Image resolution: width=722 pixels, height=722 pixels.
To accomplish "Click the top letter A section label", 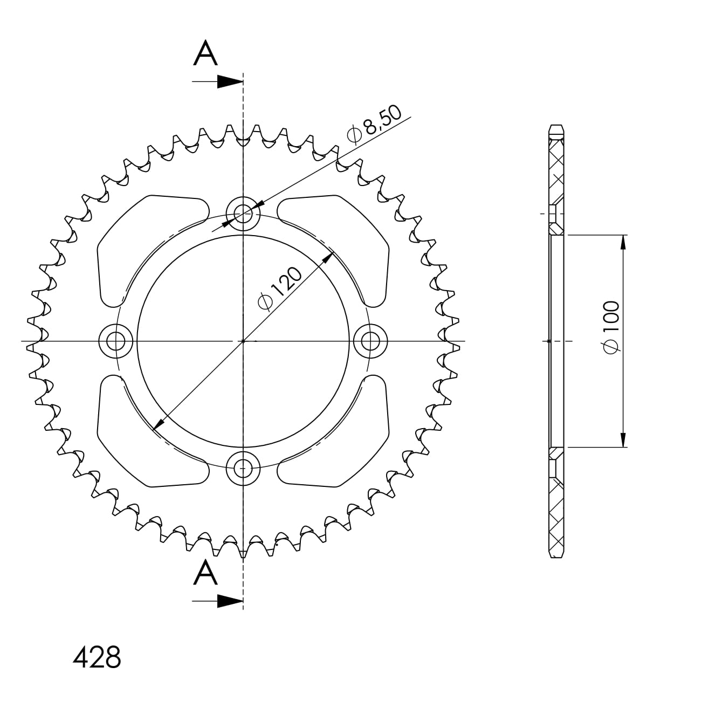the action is pos(205,53).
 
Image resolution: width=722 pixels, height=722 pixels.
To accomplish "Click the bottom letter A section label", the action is pos(205,572).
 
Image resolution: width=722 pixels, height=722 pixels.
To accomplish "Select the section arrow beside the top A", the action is pos(217,81).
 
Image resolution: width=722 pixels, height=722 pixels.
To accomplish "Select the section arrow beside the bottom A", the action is pos(217,601).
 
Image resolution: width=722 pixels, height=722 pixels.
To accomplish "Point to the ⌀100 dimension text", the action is pos(611,327).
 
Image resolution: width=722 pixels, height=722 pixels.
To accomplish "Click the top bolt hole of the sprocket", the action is pos(243,214).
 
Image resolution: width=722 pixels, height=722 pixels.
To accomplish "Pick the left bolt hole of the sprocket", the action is pos(116,341).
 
